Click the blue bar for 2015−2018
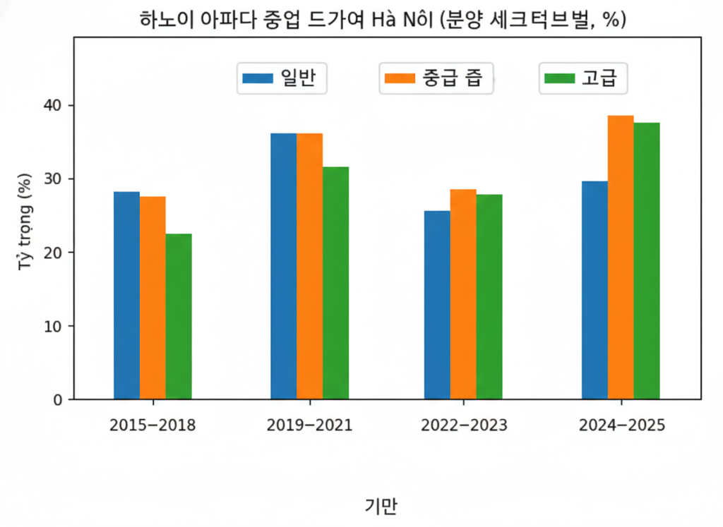point(126,296)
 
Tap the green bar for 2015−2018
point(179,317)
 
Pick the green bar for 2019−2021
point(335,283)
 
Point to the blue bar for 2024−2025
point(594,290)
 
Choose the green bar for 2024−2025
point(647,261)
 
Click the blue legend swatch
point(257,78)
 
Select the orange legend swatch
point(399,78)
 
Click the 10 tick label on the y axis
point(54,326)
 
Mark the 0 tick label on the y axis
point(59,400)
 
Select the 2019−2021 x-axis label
point(309,425)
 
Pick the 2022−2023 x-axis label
point(463,425)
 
